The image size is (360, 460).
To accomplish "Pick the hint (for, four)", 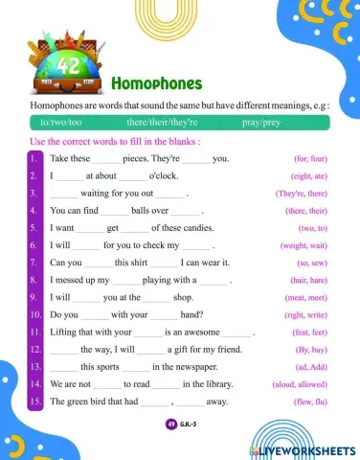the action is tap(312, 158).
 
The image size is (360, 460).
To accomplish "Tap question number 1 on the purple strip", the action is tap(34, 158).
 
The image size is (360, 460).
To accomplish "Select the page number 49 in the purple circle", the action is tap(170, 424).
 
